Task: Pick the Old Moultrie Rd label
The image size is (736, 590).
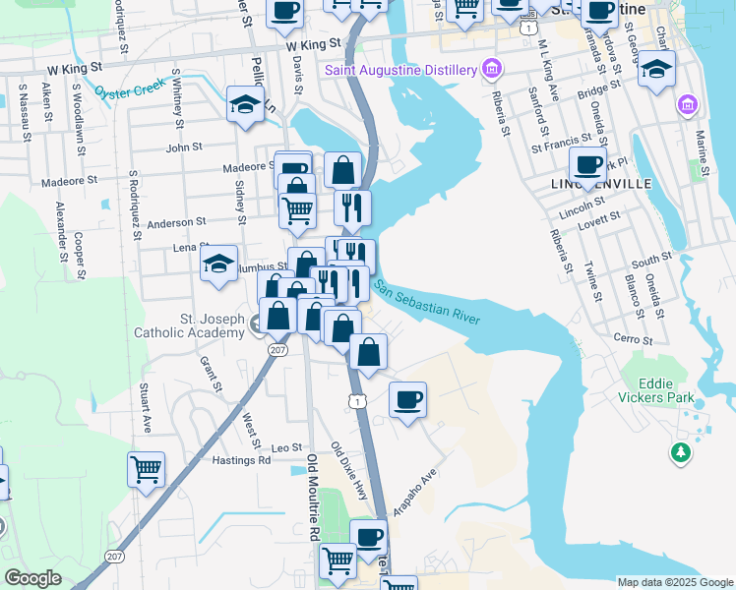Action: [313, 497]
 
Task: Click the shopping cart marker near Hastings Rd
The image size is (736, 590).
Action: [147, 469]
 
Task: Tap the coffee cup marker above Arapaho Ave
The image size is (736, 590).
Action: [407, 399]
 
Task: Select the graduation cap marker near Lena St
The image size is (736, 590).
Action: [219, 263]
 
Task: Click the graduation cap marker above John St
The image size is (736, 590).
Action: [245, 103]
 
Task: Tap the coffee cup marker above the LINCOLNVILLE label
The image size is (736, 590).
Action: [587, 164]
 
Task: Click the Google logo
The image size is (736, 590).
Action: [32, 578]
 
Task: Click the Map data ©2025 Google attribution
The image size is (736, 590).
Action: [674, 582]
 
